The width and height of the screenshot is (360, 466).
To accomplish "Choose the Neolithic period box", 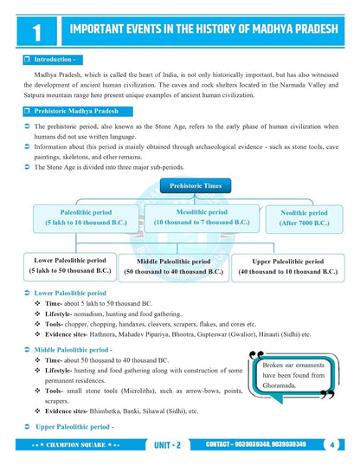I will pyautogui.click(x=304, y=217).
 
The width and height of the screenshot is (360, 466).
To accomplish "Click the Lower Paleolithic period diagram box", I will pyautogui.click(x=70, y=265).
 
